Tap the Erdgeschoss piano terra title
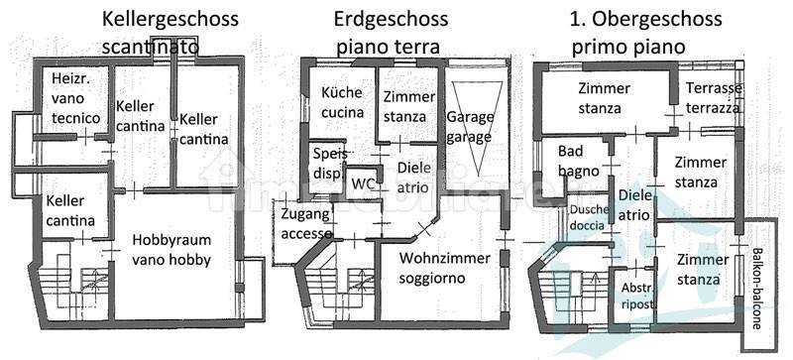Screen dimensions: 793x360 [391, 33]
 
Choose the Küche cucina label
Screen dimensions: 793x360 [342, 102]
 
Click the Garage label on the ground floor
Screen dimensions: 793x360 [469, 126]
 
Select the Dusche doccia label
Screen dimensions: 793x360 [588, 217]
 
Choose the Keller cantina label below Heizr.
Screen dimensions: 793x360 [70, 210]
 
